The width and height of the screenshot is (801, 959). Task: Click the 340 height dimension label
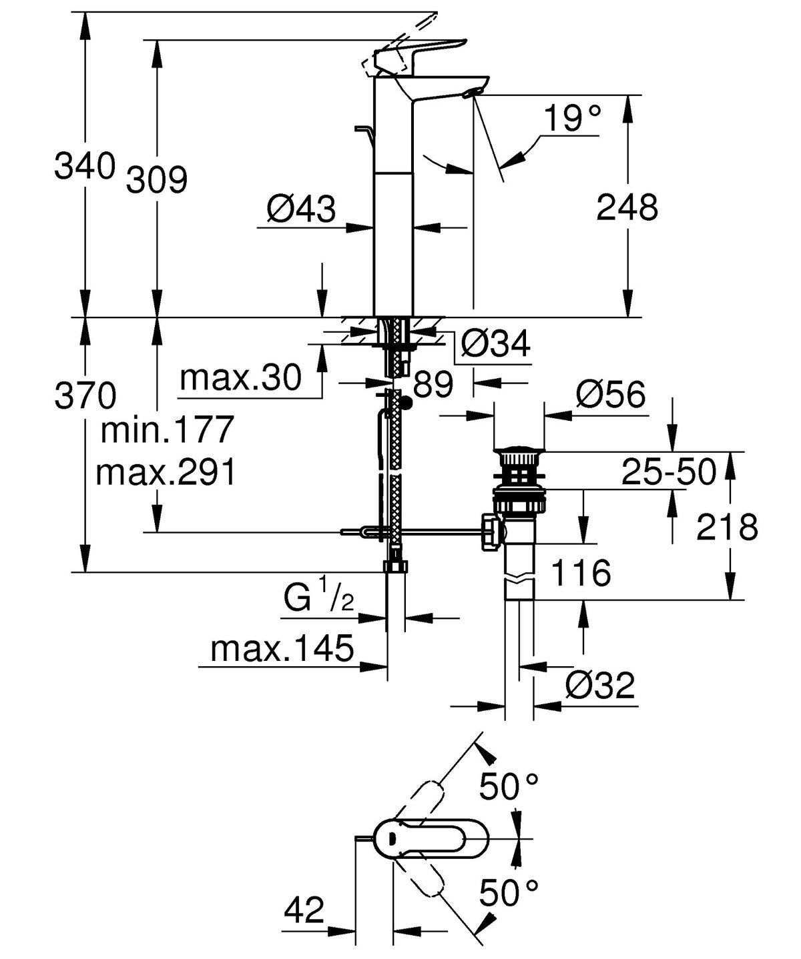[84, 166]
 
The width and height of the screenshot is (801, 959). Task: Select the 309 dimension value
[157, 179]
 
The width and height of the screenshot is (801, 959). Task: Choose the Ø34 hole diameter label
[496, 345]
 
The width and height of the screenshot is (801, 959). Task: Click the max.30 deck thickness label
[241, 378]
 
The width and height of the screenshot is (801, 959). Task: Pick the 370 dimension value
[85, 397]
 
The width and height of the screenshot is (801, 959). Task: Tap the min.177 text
[166, 430]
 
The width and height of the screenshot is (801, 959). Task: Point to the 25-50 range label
[668, 472]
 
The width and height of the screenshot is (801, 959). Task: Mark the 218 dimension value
[727, 528]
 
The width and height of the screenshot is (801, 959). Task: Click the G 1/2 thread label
[318, 598]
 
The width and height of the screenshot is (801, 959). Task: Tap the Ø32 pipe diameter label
[599, 685]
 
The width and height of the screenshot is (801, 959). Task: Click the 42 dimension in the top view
[304, 910]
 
